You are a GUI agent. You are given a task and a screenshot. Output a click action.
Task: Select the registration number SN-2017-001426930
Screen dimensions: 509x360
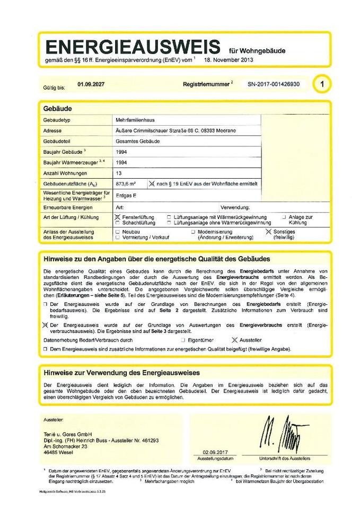coord(273,84)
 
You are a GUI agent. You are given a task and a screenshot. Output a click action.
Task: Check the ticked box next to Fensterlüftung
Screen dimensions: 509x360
coord(118,217)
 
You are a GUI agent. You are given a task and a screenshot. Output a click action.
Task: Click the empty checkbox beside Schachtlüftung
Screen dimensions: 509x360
coord(118,223)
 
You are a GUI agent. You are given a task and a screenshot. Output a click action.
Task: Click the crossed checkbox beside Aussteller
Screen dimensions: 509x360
coord(235,339)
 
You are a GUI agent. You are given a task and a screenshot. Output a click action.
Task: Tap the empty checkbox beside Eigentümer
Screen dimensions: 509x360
coord(183,339)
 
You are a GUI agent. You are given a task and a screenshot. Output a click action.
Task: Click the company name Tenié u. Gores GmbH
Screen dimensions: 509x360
coord(68,434)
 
